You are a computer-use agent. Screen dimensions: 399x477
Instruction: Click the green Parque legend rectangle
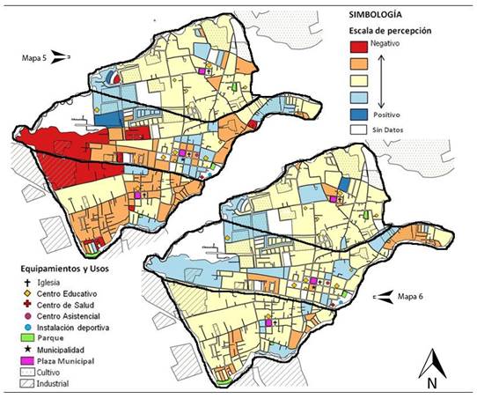26,337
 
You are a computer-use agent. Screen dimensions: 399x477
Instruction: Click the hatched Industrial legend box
26,384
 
